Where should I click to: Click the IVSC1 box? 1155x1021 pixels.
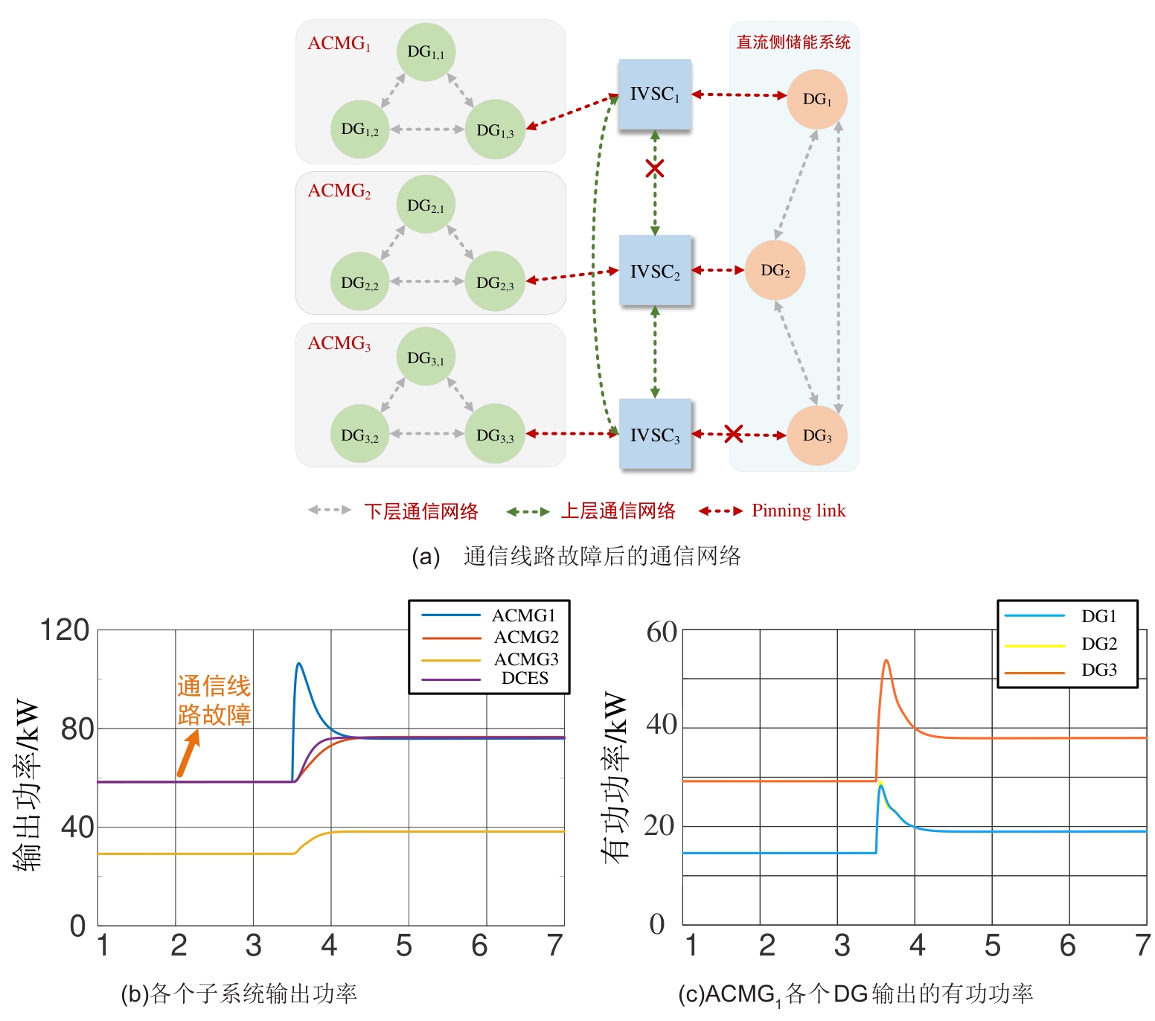pyautogui.click(x=655, y=95)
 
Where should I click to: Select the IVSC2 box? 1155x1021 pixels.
pyautogui.click(x=655, y=271)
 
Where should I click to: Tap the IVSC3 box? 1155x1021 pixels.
pyautogui.click(x=655, y=435)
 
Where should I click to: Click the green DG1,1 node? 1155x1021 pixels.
pyautogui.click(x=426, y=52)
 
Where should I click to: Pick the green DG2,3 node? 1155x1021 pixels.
pyautogui.click(x=495, y=281)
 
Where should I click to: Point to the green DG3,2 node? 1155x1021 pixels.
pyautogui.click(x=359, y=434)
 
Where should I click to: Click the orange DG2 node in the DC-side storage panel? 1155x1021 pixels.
pyautogui.click(x=775, y=270)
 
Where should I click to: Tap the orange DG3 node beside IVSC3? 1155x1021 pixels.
pyautogui.click(x=816, y=435)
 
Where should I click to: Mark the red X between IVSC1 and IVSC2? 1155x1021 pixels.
pyautogui.click(x=655, y=168)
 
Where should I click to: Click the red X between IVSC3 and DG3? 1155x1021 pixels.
pyautogui.click(x=734, y=434)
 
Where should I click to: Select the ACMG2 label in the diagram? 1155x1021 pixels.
pyautogui.click(x=339, y=191)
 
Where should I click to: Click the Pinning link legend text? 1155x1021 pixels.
pyautogui.click(x=799, y=510)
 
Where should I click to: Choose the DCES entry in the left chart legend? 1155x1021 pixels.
pyautogui.click(x=525, y=678)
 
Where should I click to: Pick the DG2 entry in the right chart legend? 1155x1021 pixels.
pyautogui.click(x=1099, y=644)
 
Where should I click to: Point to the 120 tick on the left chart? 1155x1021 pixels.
pyautogui.click(x=65, y=630)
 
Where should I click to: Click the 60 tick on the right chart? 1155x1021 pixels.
pyautogui.click(x=662, y=632)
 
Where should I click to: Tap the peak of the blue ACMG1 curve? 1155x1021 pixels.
pyautogui.click(x=298, y=663)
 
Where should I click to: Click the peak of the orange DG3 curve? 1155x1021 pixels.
pyautogui.click(x=886, y=660)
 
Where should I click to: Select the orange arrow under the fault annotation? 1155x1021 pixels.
pyautogui.click(x=188, y=753)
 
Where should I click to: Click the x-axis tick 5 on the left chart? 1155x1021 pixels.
pyautogui.click(x=404, y=946)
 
